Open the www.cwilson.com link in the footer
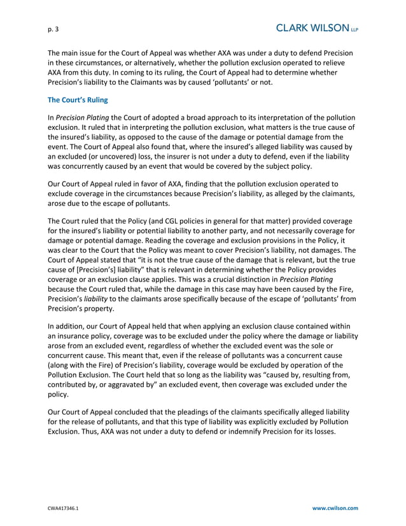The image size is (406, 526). coord(335,508)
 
